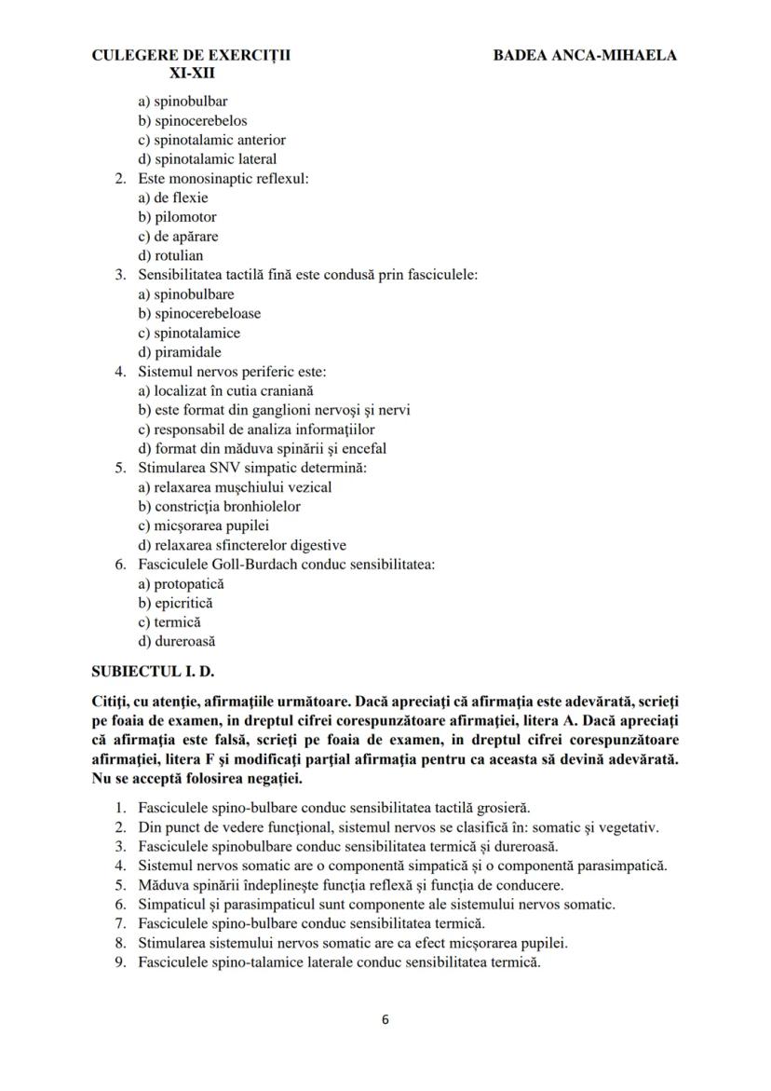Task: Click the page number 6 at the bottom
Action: pos(385,1018)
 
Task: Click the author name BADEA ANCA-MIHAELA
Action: pos(586,55)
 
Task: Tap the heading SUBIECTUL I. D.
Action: pos(157,671)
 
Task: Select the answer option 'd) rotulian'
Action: pos(170,255)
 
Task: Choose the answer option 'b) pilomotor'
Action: pos(177,217)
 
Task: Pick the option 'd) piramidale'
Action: pos(180,352)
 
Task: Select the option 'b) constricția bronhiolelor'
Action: pos(219,507)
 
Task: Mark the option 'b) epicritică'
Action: pos(175,603)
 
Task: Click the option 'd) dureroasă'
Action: pos(178,641)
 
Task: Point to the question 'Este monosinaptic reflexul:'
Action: pos(223,178)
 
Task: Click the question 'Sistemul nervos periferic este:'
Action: pos(232,372)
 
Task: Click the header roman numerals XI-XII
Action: pos(192,72)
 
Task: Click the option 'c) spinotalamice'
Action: pos(189,333)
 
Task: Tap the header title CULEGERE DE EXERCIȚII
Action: pos(191,55)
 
